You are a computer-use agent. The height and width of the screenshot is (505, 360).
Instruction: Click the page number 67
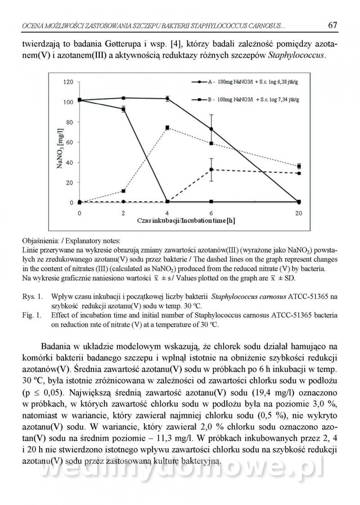click(x=333, y=25)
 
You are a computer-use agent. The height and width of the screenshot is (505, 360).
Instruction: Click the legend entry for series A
click(x=243, y=83)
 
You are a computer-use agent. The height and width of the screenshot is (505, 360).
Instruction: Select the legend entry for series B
click(x=243, y=99)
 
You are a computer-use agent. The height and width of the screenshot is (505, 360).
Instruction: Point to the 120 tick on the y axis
click(x=68, y=82)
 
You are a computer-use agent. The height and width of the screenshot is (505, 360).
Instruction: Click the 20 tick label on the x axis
click(x=299, y=212)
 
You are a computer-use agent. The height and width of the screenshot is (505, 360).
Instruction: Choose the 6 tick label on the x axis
click(x=211, y=212)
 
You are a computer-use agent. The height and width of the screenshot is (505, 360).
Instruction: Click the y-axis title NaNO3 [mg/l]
click(x=59, y=142)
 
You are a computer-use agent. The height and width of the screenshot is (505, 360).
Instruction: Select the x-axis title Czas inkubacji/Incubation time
click(x=186, y=221)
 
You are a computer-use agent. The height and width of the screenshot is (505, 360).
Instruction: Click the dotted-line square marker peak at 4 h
click(x=167, y=128)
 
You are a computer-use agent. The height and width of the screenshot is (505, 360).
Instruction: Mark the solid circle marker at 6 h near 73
click(x=211, y=129)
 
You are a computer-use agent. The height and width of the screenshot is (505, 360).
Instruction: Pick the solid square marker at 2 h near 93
click(x=123, y=109)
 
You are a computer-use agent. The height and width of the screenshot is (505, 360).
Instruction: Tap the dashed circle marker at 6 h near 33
click(x=211, y=169)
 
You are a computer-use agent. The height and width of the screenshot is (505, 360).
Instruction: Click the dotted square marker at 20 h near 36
click(x=299, y=166)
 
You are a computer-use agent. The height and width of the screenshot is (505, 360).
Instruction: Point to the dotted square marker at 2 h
click(x=123, y=191)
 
